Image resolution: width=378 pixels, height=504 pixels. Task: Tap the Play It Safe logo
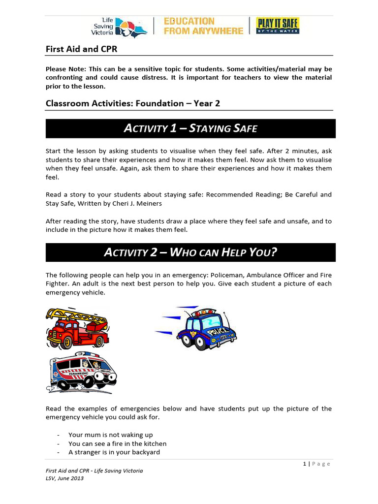[278, 26]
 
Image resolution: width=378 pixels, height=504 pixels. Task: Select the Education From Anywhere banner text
[203, 26]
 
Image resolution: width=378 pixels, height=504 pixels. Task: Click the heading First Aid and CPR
[81, 49]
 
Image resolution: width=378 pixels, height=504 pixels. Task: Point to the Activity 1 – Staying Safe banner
[190, 128]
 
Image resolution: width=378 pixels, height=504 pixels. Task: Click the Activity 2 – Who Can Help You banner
[190, 252]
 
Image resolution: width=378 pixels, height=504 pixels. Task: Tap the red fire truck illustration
[77, 328]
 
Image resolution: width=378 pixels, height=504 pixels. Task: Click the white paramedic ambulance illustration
[82, 372]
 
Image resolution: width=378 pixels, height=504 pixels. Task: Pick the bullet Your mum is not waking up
[110, 435]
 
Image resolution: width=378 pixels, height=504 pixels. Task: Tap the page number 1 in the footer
[305, 464]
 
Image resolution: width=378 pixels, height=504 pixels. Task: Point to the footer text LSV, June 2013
[64, 478]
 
